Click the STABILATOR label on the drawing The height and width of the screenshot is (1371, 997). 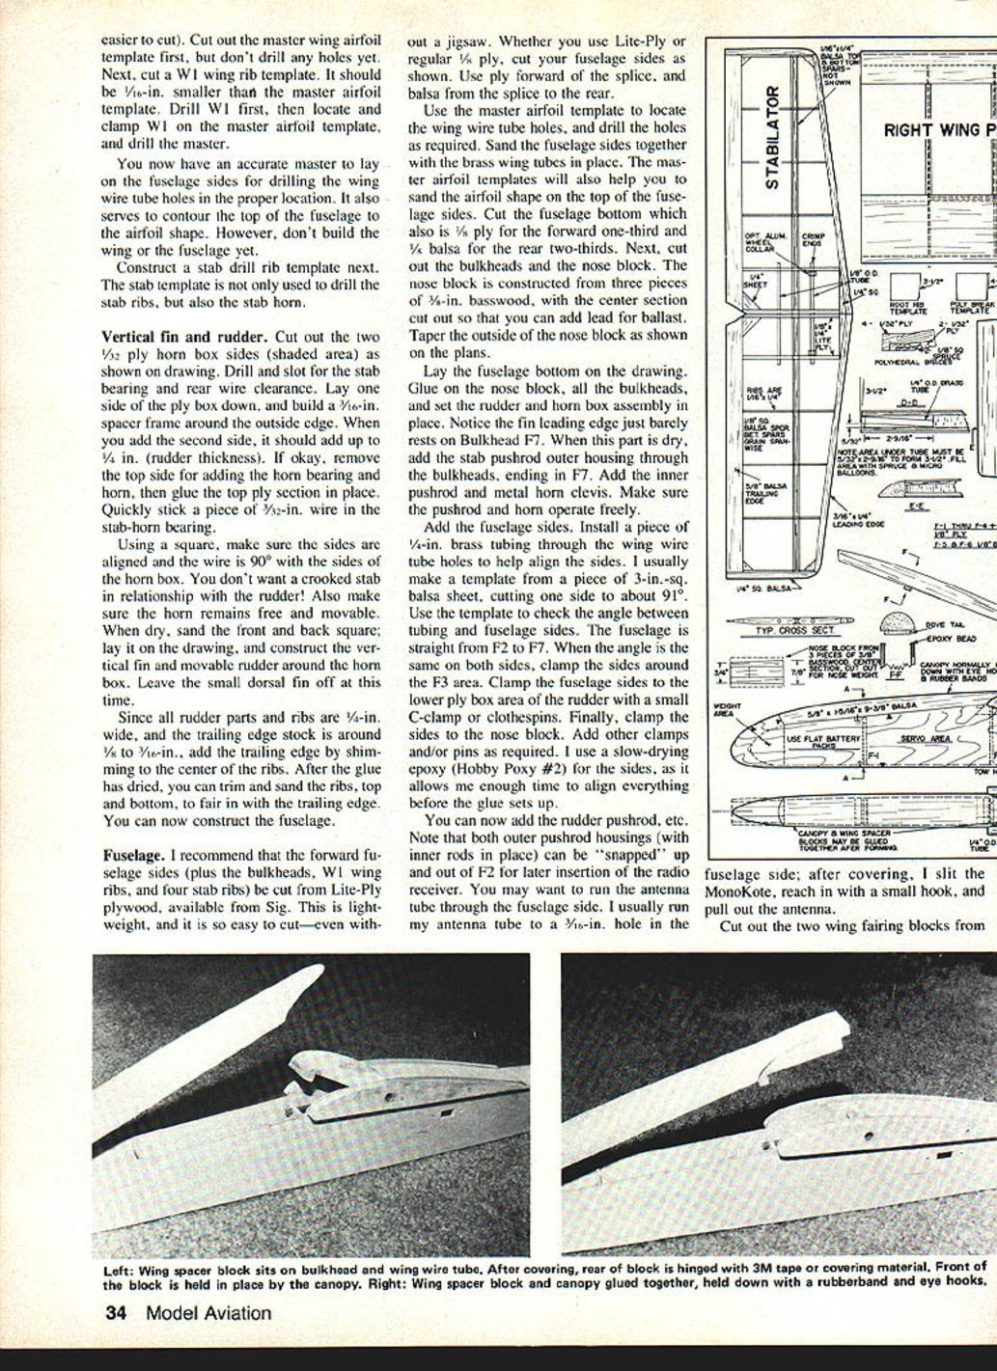point(773,138)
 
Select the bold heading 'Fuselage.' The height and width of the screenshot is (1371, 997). point(133,856)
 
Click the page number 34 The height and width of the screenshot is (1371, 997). point(116,1313)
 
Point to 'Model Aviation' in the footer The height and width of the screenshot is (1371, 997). point(208,1313)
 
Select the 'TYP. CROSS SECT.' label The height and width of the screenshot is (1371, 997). point(782,629)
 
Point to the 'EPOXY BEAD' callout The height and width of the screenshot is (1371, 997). point(950,639)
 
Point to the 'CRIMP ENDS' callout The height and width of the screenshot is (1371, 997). point(815,239)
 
